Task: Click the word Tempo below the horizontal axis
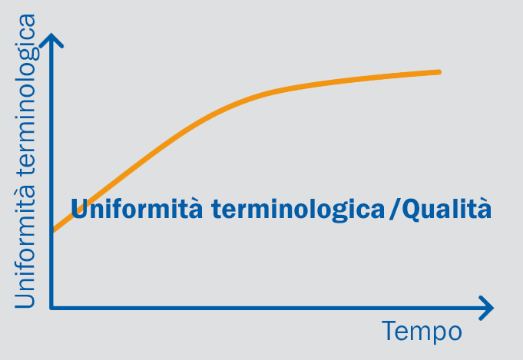422,332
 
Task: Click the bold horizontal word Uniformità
137,209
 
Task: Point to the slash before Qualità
395,210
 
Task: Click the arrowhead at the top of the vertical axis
51,41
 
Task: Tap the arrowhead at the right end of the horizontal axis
486,308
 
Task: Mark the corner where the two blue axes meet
51,308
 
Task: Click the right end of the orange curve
439,72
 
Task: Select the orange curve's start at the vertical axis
54,230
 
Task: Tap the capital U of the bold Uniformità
80,209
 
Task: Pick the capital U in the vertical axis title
25,298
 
